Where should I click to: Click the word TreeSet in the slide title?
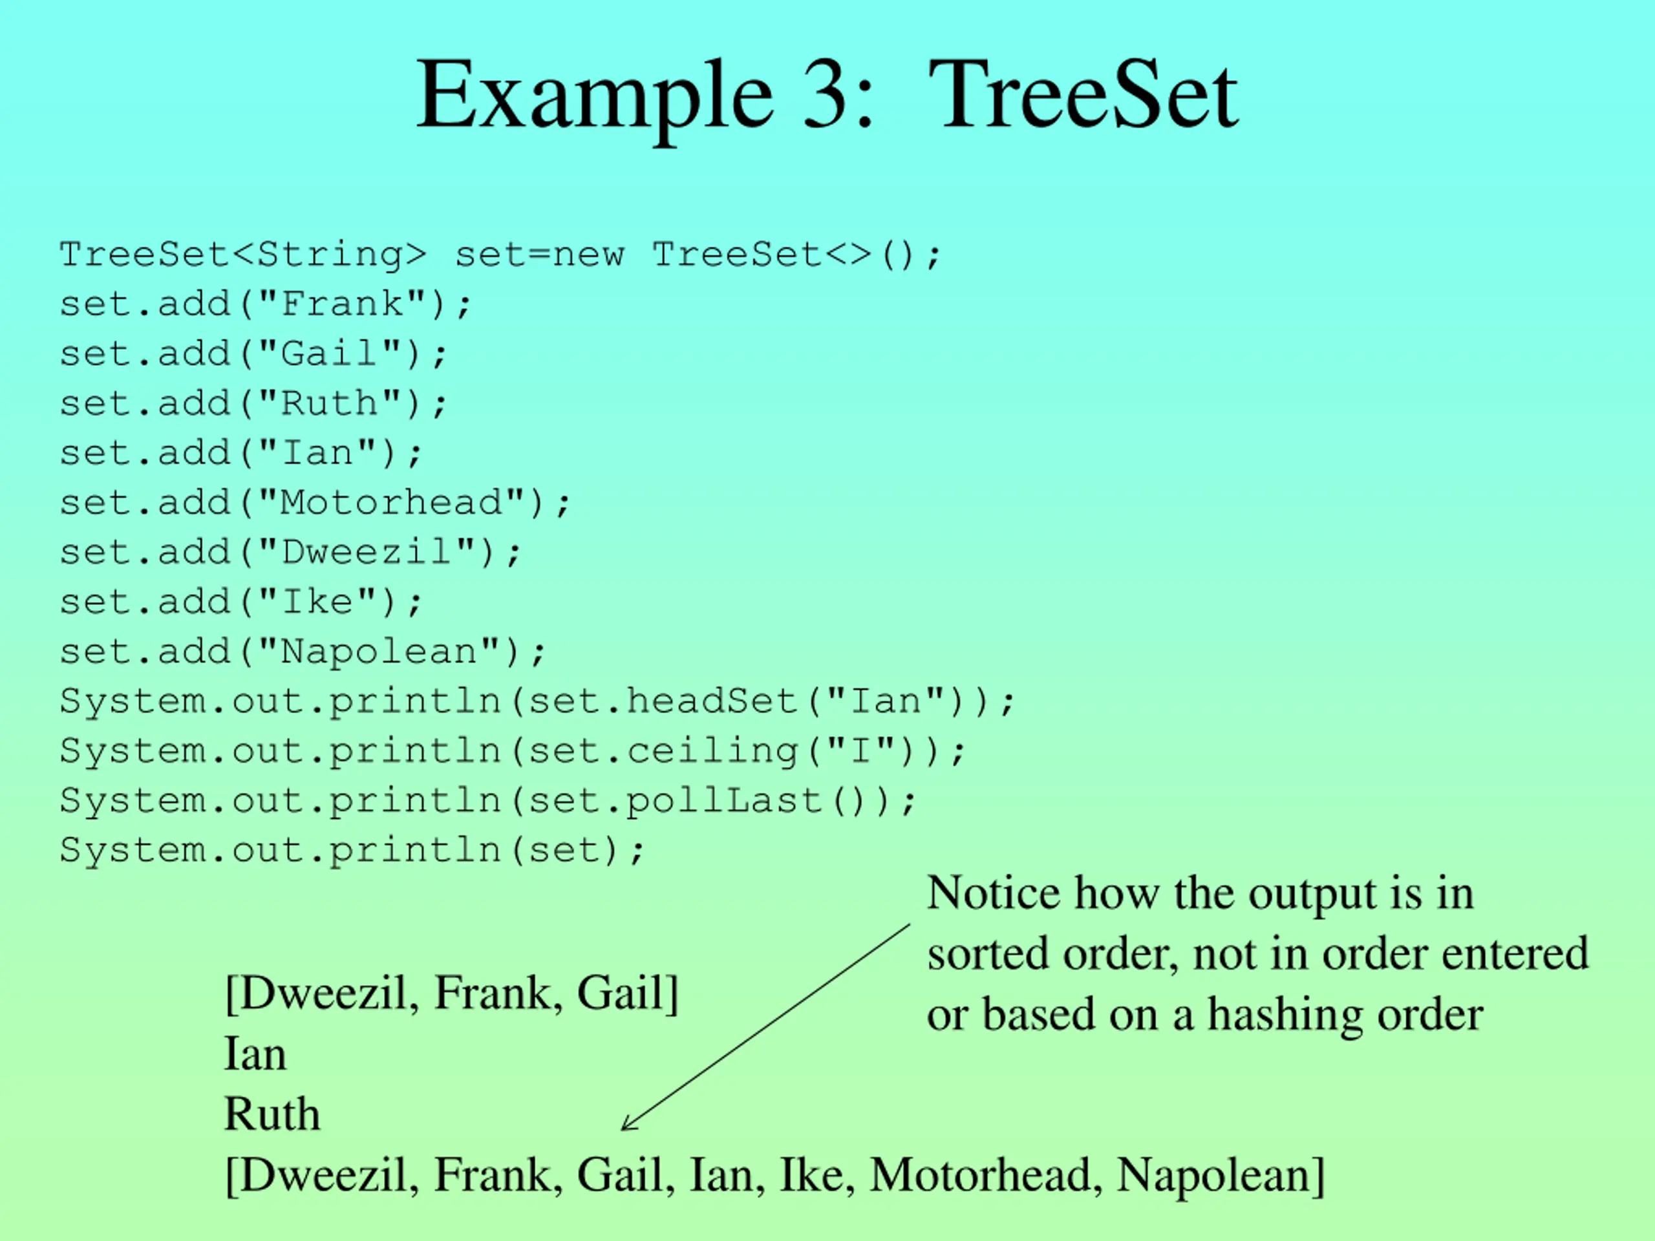click(1083, 96)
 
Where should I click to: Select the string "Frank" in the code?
click(342, 304)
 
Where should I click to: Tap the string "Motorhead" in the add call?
click(391, 503)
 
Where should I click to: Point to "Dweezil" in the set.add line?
click(367, 553)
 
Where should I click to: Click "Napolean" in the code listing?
click(379, 652)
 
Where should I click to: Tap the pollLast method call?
click(724, 800)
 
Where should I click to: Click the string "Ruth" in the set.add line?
click(329, 404)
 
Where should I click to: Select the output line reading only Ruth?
click(272, 1114)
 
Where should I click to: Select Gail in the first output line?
click(620, 993)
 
